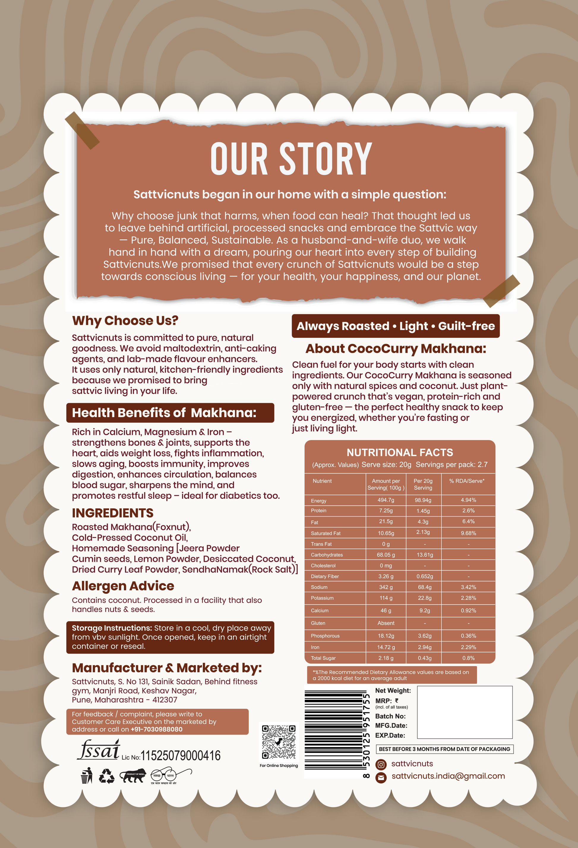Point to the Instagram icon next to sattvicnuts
point(381,764)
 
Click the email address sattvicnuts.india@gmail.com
point(448,776)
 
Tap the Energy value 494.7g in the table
point(386,500)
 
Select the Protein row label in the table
point(319,510)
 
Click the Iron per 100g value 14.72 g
point(386,647)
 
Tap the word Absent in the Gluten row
point(386,623)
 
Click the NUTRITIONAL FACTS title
point(399,453)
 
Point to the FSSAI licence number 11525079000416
point(181,756)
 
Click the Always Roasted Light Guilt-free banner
point(396,326)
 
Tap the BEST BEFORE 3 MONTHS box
point(444,749)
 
